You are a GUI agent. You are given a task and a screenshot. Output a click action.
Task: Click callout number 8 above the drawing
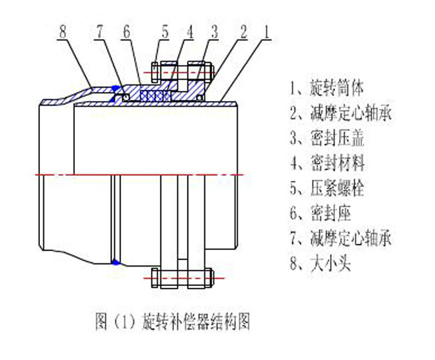click(63, 32)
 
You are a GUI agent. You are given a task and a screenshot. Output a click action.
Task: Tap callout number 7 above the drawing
click(100, 32)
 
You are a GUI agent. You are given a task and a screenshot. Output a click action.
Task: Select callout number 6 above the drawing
click(126, 32)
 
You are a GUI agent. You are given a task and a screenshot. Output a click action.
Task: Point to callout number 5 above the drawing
click(165, 32)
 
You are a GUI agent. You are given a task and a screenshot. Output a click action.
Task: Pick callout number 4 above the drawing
click(189, 32)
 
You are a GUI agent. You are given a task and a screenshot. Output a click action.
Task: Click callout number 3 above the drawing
click(215, 32)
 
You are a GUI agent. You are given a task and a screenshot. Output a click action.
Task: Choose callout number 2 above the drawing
click(244, 32)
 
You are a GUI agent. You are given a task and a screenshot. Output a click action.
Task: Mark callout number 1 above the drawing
click(267, 32)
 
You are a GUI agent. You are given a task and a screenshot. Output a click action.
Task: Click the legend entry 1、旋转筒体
click(327, 88)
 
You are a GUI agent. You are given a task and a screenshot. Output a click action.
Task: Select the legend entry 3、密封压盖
click(327, 138)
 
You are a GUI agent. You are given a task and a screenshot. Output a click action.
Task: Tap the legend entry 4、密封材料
click(327, 163)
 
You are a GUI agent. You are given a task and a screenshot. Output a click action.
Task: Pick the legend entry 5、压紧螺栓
click(327, 188)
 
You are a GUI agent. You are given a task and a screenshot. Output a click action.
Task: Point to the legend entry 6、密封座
click(320, 213)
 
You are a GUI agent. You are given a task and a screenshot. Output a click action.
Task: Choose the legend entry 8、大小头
click(320, 263)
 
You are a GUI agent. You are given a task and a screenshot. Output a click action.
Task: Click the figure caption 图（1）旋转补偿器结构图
click(172, 321)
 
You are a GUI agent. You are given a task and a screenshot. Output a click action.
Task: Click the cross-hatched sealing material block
click(156, 96)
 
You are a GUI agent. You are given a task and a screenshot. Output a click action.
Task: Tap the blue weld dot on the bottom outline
click(116, 262)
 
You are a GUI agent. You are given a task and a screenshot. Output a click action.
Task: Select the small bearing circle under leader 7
click(126, 97)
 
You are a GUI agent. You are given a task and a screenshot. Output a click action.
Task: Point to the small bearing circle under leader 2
click(199, 98)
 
